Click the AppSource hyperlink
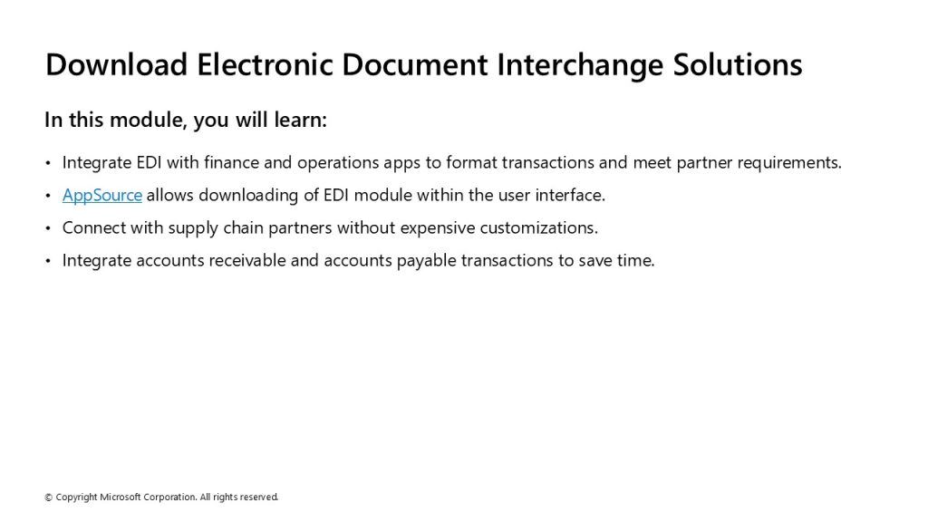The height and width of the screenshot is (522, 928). point(101,196)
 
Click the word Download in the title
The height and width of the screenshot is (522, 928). point(117,64)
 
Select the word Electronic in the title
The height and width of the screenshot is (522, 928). point(266,64)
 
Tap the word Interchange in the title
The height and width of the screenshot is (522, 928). point(580,65)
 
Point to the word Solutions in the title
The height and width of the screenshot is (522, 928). point(738,64)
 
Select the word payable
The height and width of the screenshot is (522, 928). point(426,261)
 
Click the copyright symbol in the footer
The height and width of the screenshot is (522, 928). point(49,498)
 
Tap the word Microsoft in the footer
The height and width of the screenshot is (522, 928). point(121,498)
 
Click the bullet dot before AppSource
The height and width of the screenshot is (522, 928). point(48,196)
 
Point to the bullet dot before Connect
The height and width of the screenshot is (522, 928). point(48,228)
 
